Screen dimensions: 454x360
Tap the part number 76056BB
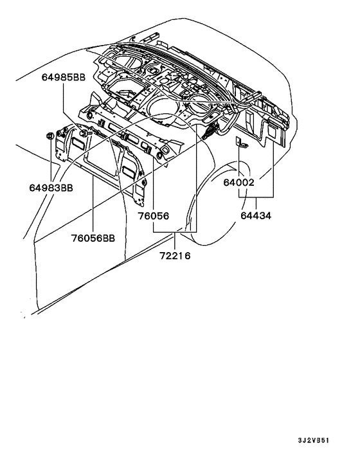click(x=93, y=238)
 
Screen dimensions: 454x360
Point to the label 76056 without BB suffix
click(x=153, y=217)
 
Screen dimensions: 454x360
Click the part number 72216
click(x=175, y=255)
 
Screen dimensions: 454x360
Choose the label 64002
click(x=240, y=182)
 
